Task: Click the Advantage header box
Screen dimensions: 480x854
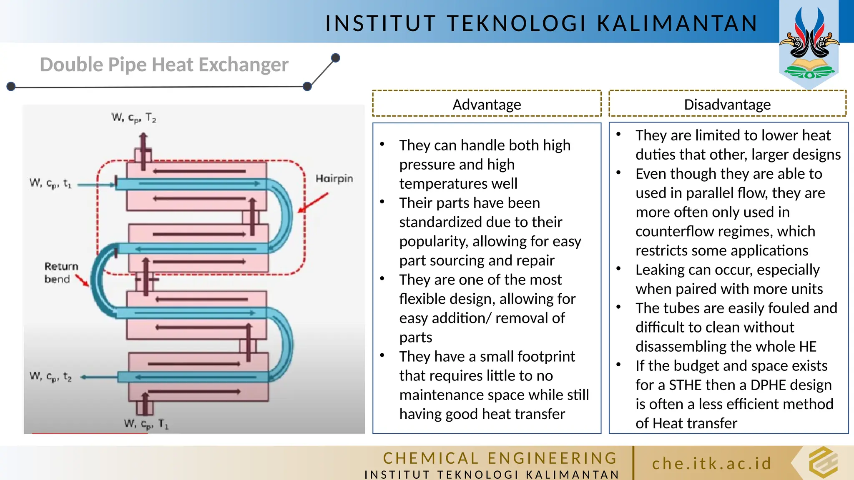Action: [487, 104]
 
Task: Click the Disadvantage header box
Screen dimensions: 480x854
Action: [727, 104]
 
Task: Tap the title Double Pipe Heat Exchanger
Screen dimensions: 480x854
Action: [164, 65]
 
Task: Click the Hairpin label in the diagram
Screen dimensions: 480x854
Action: [334, 179]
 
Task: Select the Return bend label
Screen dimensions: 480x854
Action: [61, 272]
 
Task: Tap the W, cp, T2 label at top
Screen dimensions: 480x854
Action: [133, 118]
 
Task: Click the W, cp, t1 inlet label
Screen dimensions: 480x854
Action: [50, 183]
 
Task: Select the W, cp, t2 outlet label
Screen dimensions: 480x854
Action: [50, 377]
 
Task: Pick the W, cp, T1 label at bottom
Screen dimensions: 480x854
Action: [146, 424]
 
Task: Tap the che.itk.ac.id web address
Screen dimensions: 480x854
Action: [712, 463]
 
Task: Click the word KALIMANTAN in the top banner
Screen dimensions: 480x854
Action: [677, 23]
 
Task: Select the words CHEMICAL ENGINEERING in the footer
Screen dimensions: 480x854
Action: [500, 458]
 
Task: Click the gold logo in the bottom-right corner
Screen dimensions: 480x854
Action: [823, 462]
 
